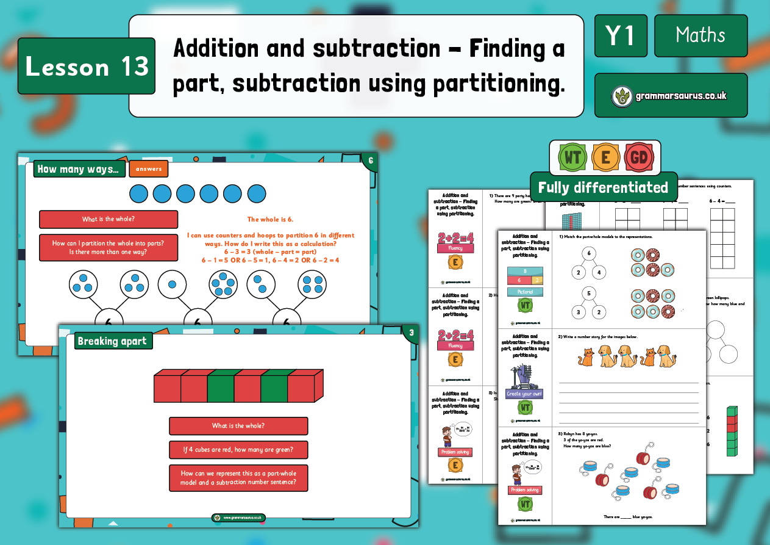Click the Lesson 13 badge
[x=87, y=67]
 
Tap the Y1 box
[x=621, y=36]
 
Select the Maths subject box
[x=700, y=36]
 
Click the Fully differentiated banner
[x=603, y=187]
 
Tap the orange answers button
[x=149, y=169]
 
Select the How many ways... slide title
[x=80, y=169]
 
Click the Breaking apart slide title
[x=113, y=341]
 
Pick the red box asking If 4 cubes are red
[x=238, y=450]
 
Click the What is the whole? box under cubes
[x=238, y=425]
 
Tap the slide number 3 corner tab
[x=411, y=333]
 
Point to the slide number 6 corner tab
[x=369, y=161]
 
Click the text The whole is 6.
[x=270, y=219]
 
